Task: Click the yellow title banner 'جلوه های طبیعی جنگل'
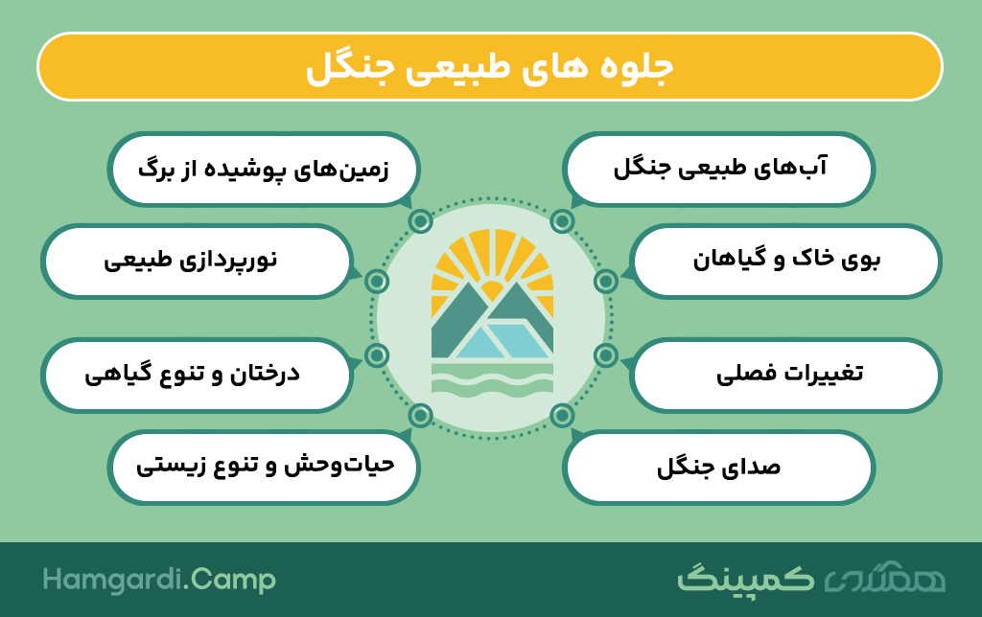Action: coord(490,67)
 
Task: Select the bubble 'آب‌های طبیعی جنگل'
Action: coord(718,169)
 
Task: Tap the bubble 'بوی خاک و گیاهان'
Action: coord(785,261)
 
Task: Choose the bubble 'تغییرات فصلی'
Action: coord(785,375)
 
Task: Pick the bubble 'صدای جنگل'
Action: coord(718,467)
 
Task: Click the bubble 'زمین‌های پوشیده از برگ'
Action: coord(264,169)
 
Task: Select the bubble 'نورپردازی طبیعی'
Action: coord(197,261)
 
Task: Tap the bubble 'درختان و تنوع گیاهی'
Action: coord(197,375)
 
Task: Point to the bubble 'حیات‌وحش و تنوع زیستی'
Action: coord(264,467)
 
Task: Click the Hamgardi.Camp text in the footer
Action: coord(159,580)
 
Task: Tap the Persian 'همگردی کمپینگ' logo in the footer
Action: coord(811,579)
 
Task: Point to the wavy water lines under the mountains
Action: coord(492,378)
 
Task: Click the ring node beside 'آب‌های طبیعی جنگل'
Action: coord(562,221)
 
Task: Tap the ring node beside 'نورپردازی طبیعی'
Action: coord(376,282)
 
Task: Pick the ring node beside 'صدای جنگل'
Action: coord(562,415)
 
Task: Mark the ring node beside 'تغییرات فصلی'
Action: coord(606,355)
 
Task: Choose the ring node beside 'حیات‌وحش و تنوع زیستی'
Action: coord(420,415)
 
